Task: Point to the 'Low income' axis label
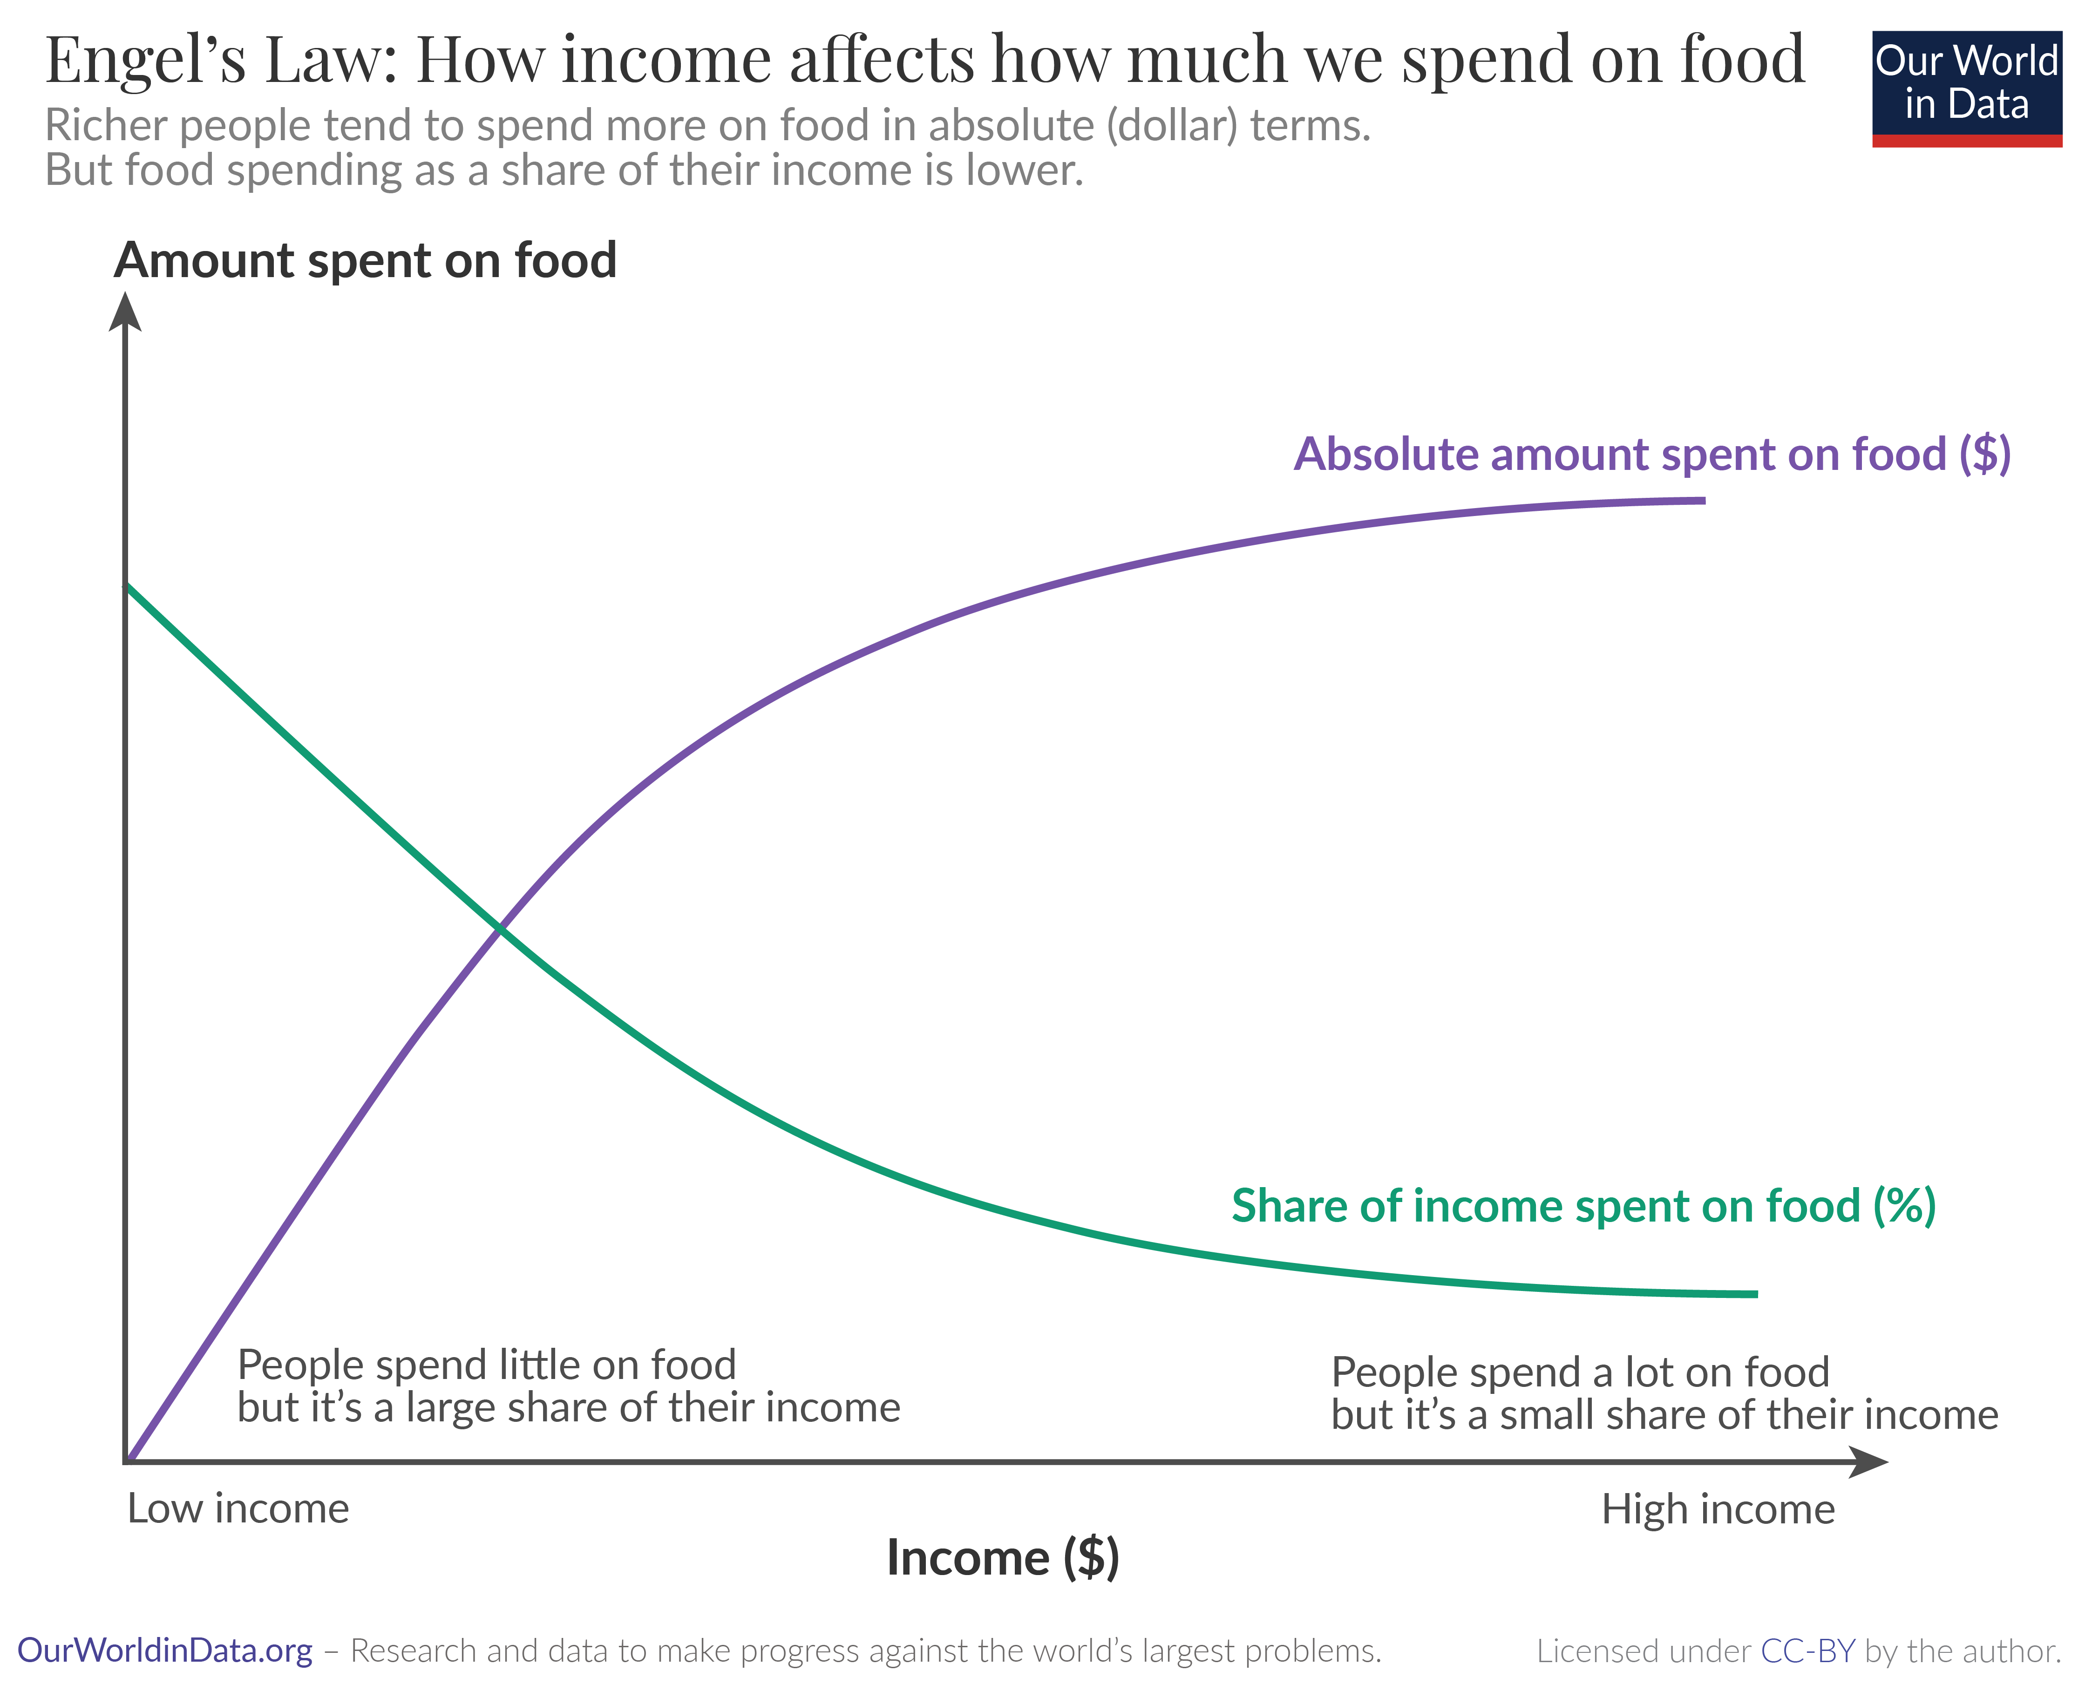[x=238, y=1509]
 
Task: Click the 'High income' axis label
[x=1718, y=1509]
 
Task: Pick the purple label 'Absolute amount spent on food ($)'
[x=1651, y=455]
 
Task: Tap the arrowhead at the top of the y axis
[x=125, y=313]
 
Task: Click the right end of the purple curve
[x=1703, y=501]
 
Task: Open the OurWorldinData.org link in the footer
[x=164, y=1651]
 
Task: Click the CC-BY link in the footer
[x=1807, y=1651]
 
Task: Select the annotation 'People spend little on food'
[x=486, y=1365]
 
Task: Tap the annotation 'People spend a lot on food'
[x=1580, y=1372]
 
